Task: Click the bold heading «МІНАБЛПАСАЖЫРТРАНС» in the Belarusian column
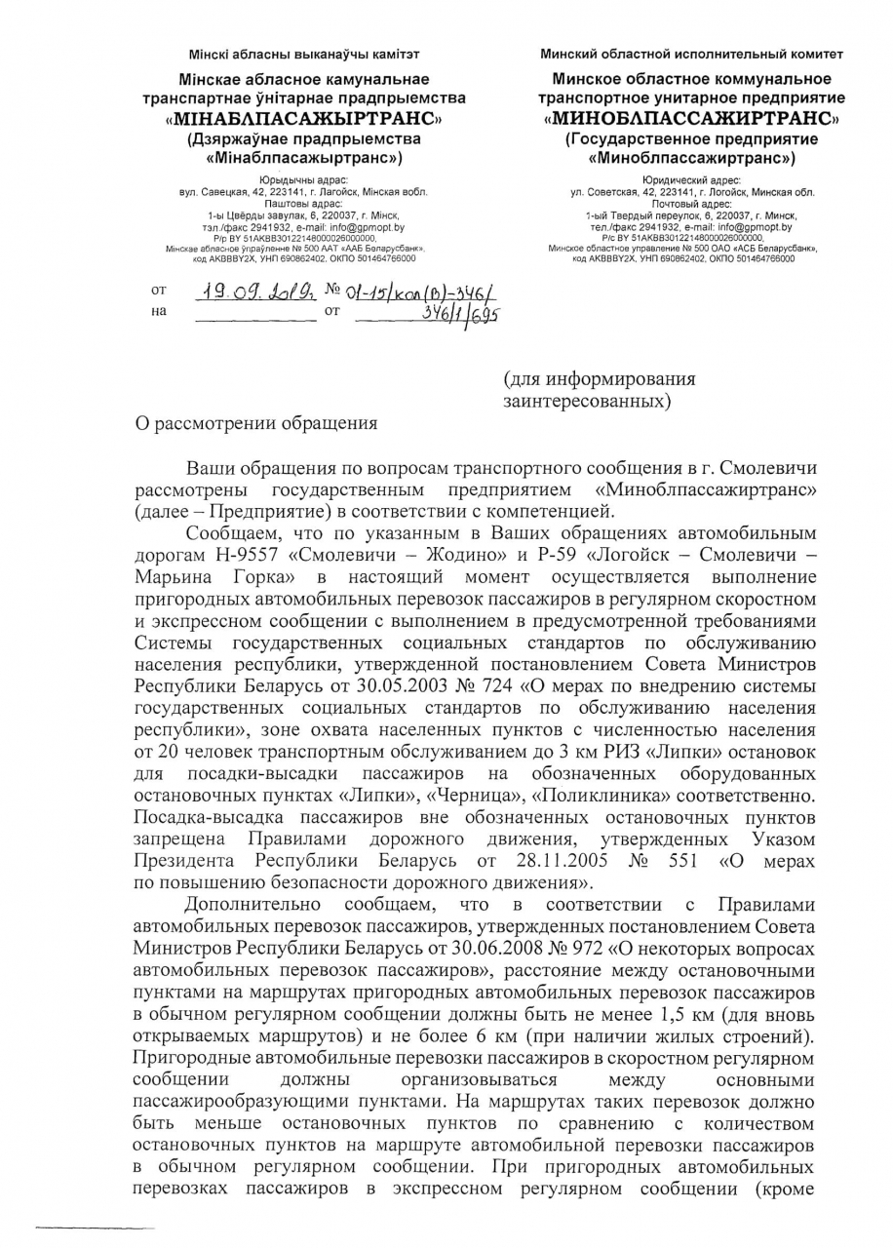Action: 304,120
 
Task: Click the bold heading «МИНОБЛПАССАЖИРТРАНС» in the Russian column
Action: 693,120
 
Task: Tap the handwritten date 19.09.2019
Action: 252,291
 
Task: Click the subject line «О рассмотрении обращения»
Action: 254,422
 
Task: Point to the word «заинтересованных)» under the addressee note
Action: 588,400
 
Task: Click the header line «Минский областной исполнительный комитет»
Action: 692,54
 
